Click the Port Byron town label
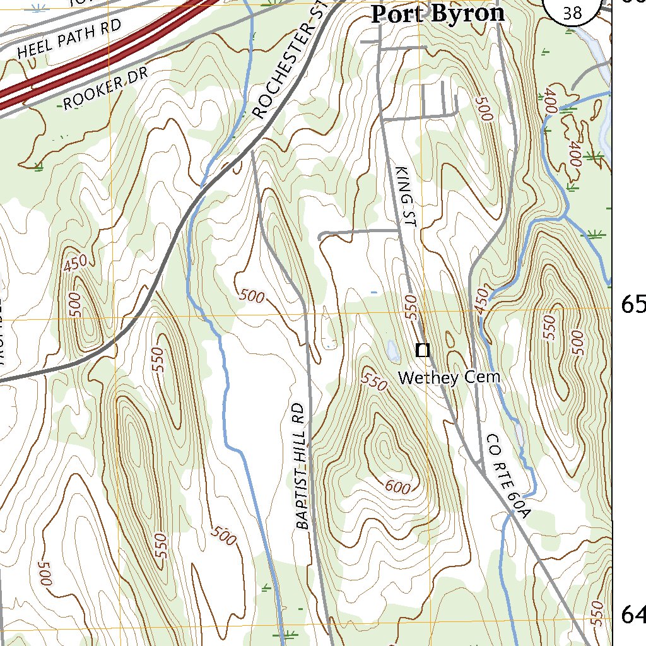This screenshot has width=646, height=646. (438, 13)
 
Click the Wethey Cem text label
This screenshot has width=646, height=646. (450, 377)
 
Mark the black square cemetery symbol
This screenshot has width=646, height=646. (423, 349)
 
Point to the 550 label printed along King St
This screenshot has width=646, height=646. (411, 305)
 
